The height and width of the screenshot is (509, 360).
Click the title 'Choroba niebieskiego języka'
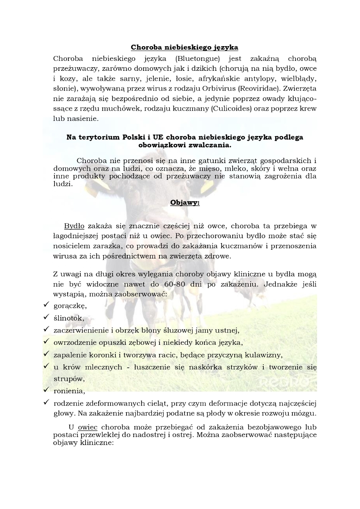185,47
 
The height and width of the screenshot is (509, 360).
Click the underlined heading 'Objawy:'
185,203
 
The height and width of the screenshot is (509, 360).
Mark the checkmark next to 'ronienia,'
46,390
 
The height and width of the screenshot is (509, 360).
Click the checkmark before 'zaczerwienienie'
46,329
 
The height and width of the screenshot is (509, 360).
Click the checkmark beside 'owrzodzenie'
46,342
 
